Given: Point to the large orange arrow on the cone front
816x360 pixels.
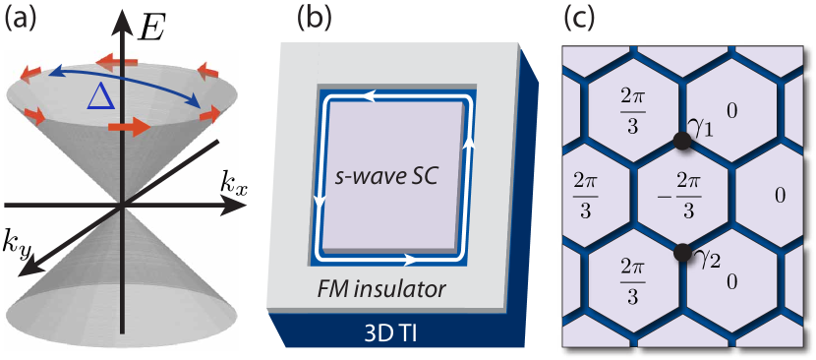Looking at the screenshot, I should tap(129, 127).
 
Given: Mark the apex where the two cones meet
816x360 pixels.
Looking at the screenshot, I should tap(122, 207).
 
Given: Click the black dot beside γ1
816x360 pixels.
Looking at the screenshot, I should tap(680, 142).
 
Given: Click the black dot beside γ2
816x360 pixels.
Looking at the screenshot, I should tap(680, 253).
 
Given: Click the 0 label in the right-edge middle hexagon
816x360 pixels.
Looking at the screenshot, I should tap(780, 196).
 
